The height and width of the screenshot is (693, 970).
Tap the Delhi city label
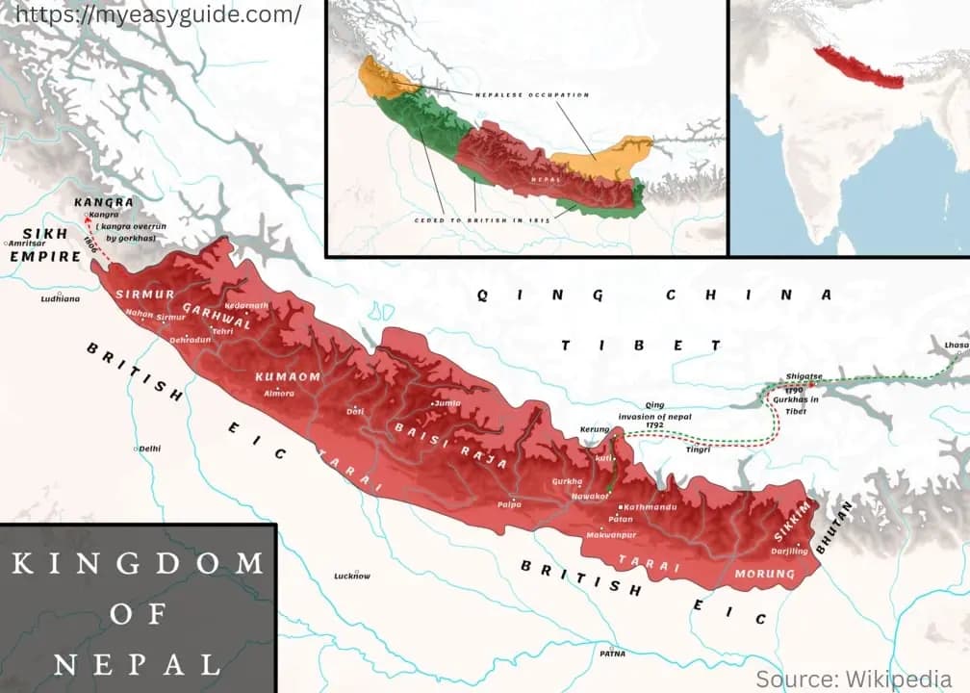coord(150,449)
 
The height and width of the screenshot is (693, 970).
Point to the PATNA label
coord(612,654)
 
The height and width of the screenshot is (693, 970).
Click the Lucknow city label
coord(352,576)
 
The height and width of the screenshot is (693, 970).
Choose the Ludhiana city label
coord(61,299)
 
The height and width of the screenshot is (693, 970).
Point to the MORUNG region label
coord(765,574)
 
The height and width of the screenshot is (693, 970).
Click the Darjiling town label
coord(789,552)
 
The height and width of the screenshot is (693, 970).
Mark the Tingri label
coord(698,449)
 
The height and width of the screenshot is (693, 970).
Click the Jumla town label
coord(447,403)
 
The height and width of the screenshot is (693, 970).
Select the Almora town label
coord(279,393)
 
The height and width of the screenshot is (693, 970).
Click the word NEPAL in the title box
coord(137,663)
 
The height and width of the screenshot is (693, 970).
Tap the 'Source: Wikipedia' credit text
coord(854,679)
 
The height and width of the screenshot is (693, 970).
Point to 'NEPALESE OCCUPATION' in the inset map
coord(531,94)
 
